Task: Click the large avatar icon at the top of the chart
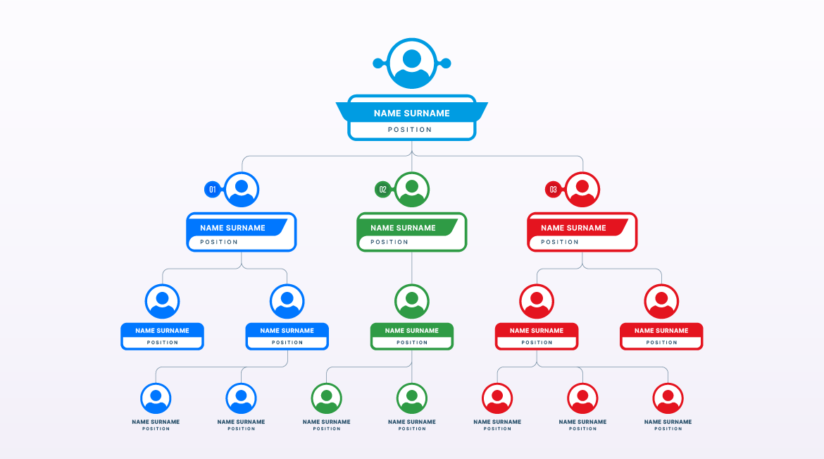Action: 412,63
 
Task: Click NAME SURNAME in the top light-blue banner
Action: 411,114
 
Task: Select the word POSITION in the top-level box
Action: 410,130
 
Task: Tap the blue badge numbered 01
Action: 212,190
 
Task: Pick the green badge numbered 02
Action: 382,190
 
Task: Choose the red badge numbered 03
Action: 553,190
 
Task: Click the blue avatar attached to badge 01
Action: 242,190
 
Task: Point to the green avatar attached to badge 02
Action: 412,190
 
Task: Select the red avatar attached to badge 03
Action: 582,190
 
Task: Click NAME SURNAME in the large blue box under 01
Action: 232,228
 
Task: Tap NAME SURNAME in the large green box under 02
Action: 403,228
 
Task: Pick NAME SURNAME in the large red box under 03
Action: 573,228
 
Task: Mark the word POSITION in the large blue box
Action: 218,242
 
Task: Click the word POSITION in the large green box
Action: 389,242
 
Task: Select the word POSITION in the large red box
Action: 560,242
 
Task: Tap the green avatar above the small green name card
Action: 412,302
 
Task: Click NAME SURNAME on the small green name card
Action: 411,331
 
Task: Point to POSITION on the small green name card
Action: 412,343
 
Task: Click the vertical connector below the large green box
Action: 412,268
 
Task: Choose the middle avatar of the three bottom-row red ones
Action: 582,398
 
